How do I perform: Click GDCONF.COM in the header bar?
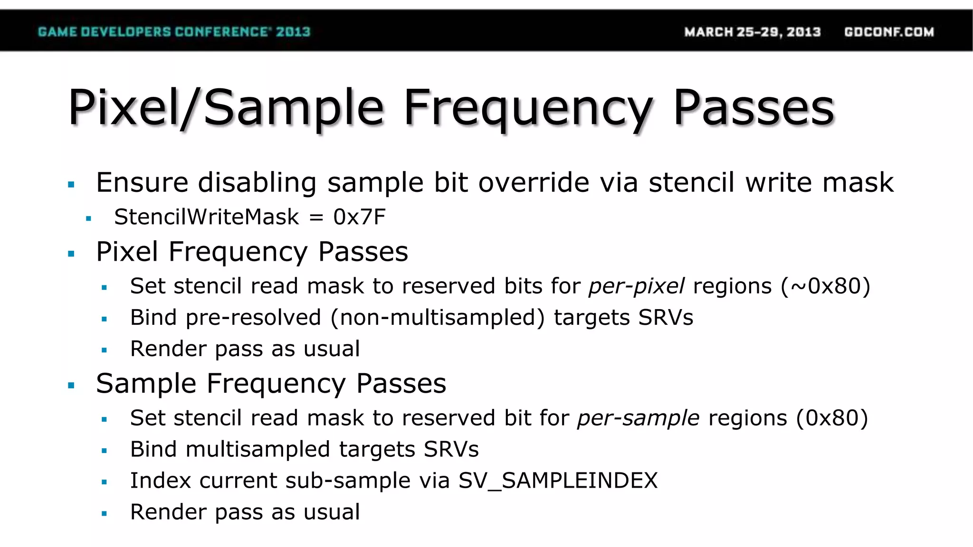coord(889,32)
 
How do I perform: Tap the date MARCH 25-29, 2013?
coord(752,32)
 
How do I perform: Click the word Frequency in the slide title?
coord(527,108)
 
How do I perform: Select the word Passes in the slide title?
coord(754,108)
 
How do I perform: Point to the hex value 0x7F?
coord(359,217)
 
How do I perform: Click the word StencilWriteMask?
coord(207,217)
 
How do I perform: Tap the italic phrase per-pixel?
coord(637,286)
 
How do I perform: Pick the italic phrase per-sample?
coord(638,418)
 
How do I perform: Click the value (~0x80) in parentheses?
coord(826,286)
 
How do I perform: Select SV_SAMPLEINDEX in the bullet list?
coord(558,481)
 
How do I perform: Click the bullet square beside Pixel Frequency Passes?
coord(71,254)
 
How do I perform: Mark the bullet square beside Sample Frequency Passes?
coord(71,386)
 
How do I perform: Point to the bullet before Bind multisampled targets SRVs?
coord(104,451)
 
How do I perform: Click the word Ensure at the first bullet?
coord(142,183)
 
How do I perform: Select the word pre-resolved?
coord(253,318)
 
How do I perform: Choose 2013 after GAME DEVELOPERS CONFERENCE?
coord(293,32)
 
